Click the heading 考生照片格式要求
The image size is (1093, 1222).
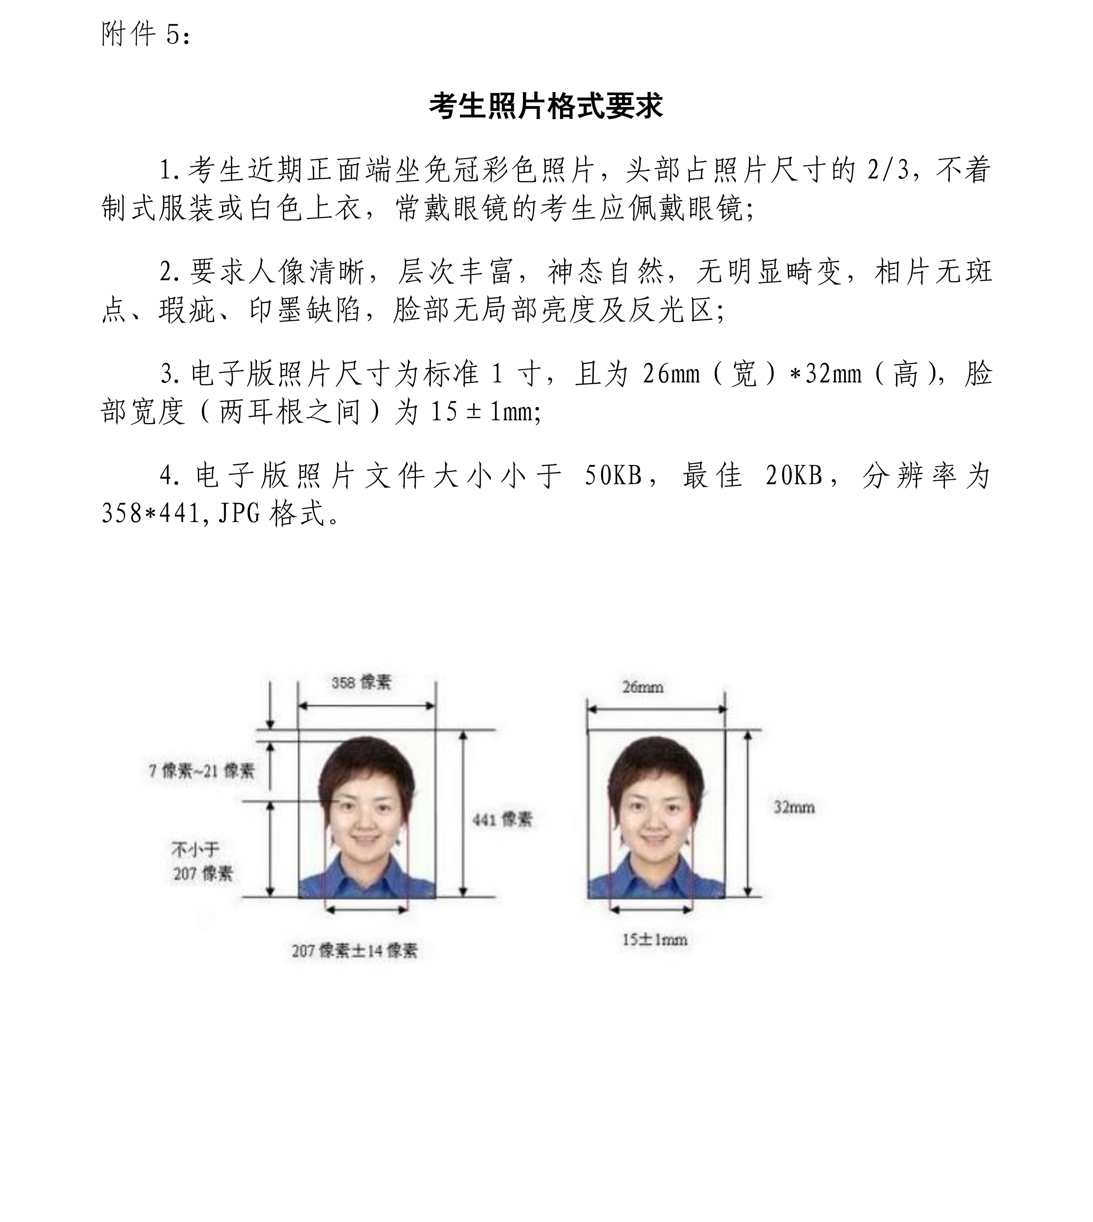(x=546, y=106)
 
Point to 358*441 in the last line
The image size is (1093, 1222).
(x=151, y=513)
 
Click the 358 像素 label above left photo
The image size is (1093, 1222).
(x=361, y=682)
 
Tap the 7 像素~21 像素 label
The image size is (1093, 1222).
(x=202, y=770)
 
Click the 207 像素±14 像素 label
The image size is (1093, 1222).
(x=354, y=951)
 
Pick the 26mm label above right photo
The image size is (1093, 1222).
(x=643, y=687)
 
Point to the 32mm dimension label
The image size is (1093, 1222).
(x=794, y=807)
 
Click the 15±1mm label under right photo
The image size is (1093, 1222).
(x=654, y=940)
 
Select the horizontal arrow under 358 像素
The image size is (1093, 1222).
(x=367, y=706)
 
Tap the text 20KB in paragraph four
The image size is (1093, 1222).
(x=794, y=476)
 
